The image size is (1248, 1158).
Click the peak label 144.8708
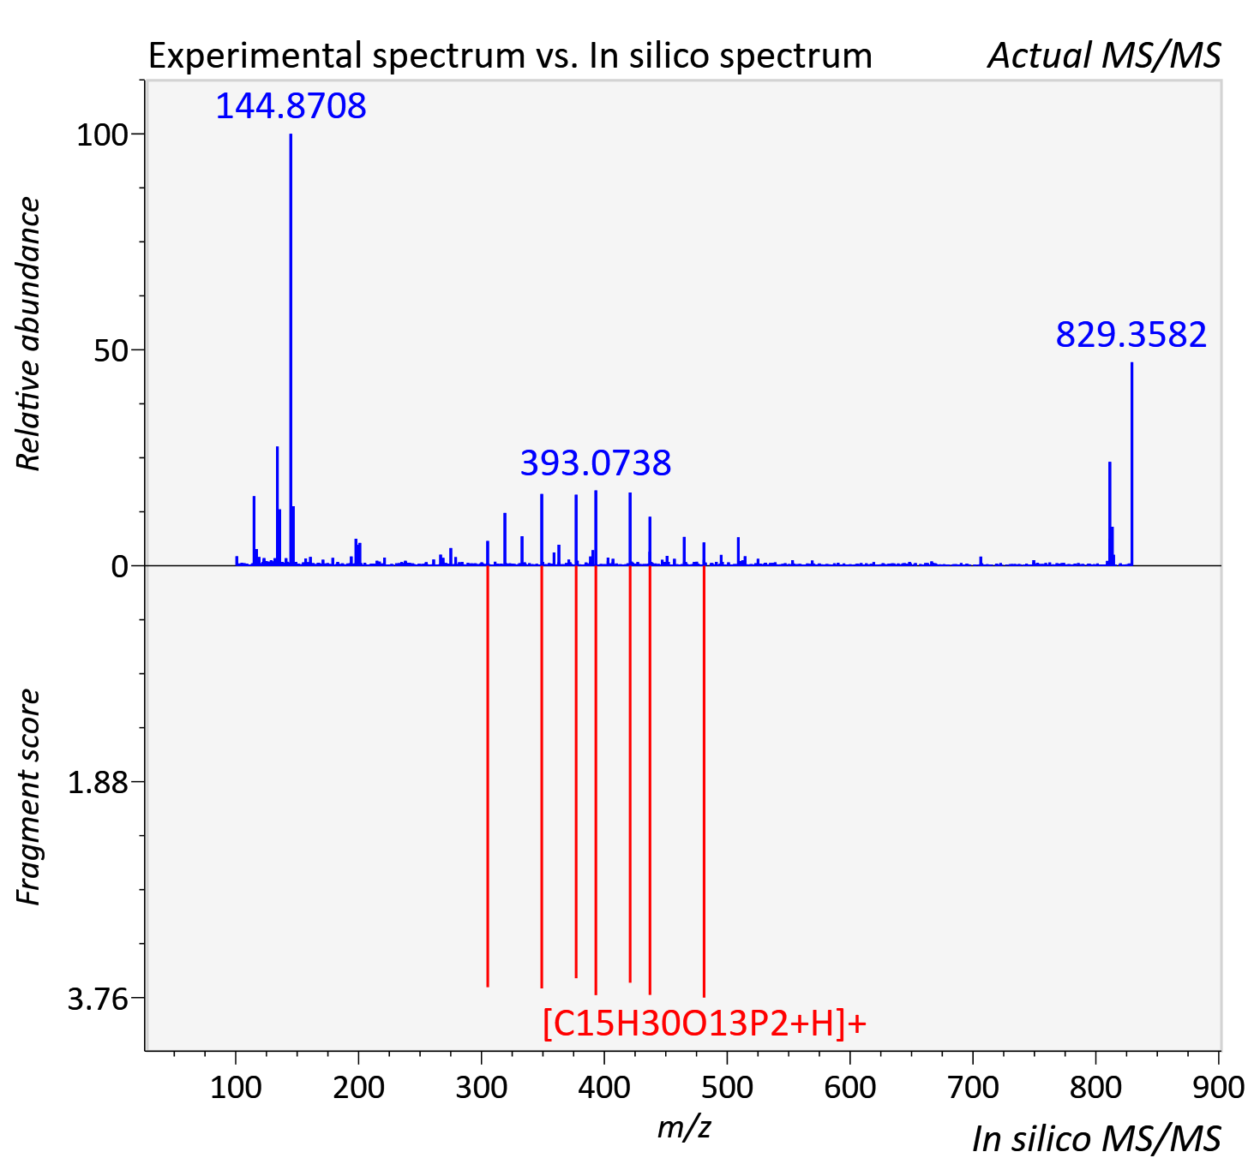click(x=291, y=105)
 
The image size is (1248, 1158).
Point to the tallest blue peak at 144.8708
click(x=291, y=349)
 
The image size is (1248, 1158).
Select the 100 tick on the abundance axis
click(x=101, y=134)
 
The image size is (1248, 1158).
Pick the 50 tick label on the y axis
click(x=111, y=350)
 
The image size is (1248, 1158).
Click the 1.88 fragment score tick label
click(x=97, y=783)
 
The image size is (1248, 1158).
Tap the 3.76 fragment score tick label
click(x=97, y=999)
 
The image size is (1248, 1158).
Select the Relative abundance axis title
click(x=27, y=333)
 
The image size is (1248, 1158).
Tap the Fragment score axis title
click(x=27, y=797)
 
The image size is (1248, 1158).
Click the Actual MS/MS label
click(x=1105, y=56)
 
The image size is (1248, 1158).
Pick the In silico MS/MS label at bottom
click(x=1097, y=1138)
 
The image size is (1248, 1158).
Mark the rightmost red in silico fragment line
click(x=704, y=780)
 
